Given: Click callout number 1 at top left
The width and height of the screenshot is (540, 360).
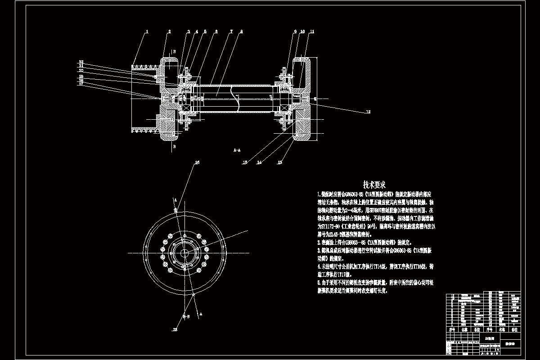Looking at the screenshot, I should pyautogui.click(x=147, y=31).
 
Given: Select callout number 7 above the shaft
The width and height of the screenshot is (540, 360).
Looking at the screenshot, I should pyautogui.click(x=231, y=31).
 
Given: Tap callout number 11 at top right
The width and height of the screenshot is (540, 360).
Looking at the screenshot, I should pyautogui.click(x=312, y=31).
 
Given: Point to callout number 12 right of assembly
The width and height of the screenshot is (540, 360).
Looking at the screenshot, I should pyautogui.click(x=368, y=111).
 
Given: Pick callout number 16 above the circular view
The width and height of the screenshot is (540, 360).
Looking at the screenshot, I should pyautogui.click(x=196, y=163).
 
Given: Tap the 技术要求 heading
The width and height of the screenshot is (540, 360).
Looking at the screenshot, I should pyautogui.click(x=374, y=184).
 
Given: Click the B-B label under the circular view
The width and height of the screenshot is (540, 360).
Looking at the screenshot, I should pyautogui.click(x=185, y=317).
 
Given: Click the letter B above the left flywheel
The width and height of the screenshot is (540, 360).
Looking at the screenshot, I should pyautogui.click(x=174, y=52).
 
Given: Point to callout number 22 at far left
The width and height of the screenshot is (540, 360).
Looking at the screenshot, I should pyautogui.click(x=81, y=62).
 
